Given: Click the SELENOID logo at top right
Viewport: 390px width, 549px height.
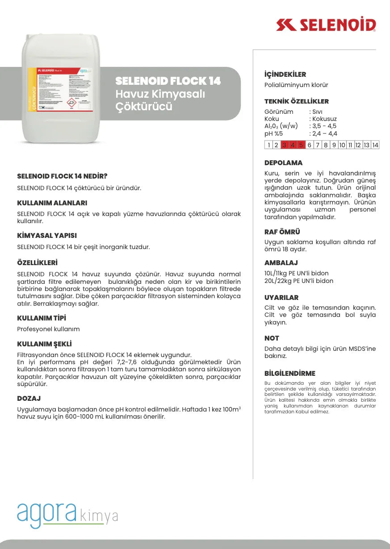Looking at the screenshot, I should pyautogui.click(x=326, y=25).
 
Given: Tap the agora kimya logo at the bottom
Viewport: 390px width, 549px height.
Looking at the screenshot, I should pyautogui.click(x=67, y=515).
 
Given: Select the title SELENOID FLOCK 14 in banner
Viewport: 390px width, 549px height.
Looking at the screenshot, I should pyautogui.click(x=168, y=81).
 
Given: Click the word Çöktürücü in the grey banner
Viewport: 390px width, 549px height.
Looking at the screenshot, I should pyautogui.click(x=144, y=107).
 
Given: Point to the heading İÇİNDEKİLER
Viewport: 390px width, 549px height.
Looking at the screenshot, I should pyautogui.click(x=285, y=75).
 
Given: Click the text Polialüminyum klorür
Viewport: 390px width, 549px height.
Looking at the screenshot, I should pyautogui.click(x=296, y=85).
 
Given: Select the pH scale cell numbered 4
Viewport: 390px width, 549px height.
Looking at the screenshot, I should pyautogui.click(x=293, y=145).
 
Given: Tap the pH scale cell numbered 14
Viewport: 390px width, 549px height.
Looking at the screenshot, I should pyautogui.click(x=375, y=145).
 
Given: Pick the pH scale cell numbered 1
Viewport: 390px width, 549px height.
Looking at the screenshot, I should pyautogui.click(x=268, y=145).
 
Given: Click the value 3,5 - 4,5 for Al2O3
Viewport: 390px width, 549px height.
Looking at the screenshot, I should pyautogui.click(x=324, y=126).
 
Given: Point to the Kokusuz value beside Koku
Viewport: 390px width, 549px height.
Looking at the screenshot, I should pyautogui.click(x=323, y=119).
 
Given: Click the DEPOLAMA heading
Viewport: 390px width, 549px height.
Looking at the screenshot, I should pyautogui.click(x=283, y=163).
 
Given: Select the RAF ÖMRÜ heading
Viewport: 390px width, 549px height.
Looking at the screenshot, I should pyautogui.click(x=282, y=232).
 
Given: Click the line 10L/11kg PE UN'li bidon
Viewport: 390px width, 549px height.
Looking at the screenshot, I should pyautogui.click(x=296, y=273).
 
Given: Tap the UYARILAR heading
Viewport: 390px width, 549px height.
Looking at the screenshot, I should pyautogui.click(x=281, y=298).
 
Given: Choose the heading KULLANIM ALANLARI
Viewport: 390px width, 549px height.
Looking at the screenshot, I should pyautogui.click(x=52, y=203).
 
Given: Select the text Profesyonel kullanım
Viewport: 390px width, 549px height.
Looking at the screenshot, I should pyautogui.click(x=48, y=329).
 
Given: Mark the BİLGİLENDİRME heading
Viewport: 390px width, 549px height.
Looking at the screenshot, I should pyautogui.click(x=289, y=374).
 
